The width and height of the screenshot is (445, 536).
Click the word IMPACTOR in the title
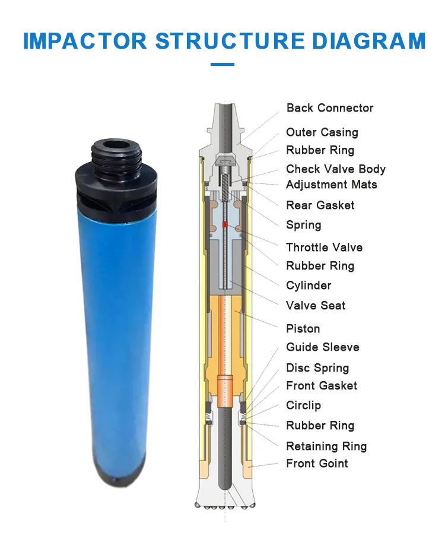(x=85, y=41)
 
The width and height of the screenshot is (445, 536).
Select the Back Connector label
(x=330, y=108)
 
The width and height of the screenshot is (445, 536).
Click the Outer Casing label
(x=322, y=132)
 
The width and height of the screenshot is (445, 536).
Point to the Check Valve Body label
(x=336, y=169)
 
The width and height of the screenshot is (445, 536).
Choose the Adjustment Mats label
(x=331, y=185)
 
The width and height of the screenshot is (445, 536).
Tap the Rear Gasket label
(x=320, y=205)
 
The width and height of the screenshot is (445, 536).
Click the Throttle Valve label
(x=324, y=248)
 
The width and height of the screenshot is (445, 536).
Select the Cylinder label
(x=309, y=286)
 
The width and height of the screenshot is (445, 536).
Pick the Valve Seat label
(x=316, y=306)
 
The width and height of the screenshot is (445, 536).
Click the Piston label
(x=303, y=329)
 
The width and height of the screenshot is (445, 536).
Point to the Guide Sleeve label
(x=323, y=347)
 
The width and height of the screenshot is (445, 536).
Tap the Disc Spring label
(x=317, y=368)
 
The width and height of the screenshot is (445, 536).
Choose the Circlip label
(x=304, y=405)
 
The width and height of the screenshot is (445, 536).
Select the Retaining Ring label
(x=326, y=446)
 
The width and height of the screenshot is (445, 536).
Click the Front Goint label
(x=317, y=464)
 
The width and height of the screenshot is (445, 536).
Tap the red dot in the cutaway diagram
(x=225, y=224)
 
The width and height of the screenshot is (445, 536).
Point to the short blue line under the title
(x=223, y=64)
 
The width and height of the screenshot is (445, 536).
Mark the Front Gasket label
(x=322, y=386)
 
